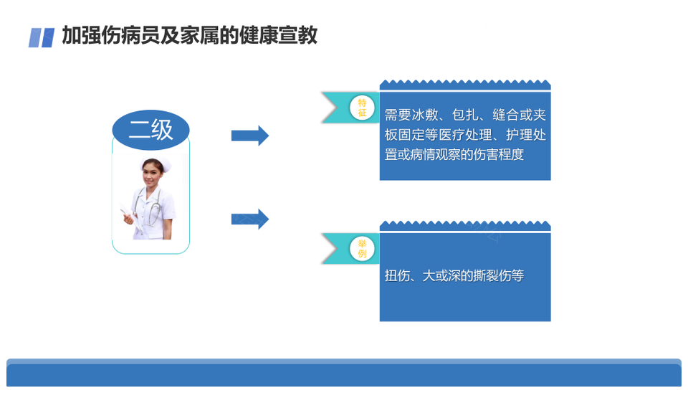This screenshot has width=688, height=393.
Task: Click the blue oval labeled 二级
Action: coord(150,130)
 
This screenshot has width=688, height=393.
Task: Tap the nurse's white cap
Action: coord(156,163)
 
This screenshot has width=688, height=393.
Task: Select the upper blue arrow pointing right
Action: coord(249,136)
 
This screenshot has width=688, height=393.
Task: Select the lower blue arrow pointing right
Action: coord(249,219)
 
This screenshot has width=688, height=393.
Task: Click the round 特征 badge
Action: coord(362,108)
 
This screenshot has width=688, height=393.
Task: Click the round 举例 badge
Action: coord(362,249)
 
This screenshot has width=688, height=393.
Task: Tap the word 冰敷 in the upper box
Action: coord(425,115)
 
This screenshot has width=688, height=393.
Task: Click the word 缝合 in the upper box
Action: coord(506,115)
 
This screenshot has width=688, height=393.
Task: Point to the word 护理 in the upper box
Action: coord(519,135)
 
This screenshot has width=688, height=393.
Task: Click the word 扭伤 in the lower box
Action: coord(397,276)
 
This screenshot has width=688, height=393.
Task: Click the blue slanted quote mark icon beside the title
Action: coord(42,37)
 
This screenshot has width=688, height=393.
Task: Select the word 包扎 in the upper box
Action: coord(465,115)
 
